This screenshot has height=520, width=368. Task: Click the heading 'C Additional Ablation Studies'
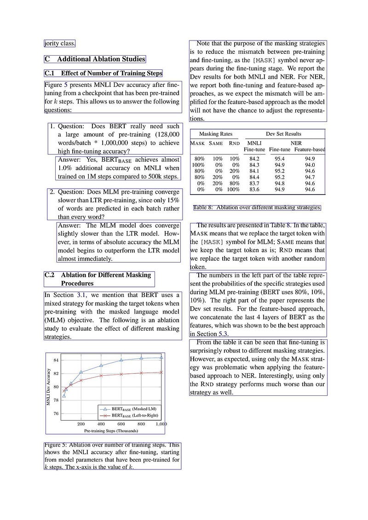pos(95,59)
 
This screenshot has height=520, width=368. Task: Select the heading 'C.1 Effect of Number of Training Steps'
pos(103,73)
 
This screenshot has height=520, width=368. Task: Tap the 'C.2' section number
pos(50,275)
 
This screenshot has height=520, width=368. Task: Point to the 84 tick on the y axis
pos(56,360)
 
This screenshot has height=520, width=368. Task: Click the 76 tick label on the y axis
pos(56,413)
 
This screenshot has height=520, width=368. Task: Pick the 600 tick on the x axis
pos(121,424)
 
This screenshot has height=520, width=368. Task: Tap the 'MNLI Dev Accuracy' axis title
pos(48,387)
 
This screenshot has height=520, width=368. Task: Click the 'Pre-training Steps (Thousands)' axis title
pos(111,431)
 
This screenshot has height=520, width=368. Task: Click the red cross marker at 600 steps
pos(121,374)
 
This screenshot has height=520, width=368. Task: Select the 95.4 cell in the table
pos(279,159)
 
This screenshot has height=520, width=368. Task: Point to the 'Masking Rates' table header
pos(215,134)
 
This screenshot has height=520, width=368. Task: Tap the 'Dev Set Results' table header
pos(283,134)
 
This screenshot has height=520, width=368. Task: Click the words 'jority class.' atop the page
pos(59,44)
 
